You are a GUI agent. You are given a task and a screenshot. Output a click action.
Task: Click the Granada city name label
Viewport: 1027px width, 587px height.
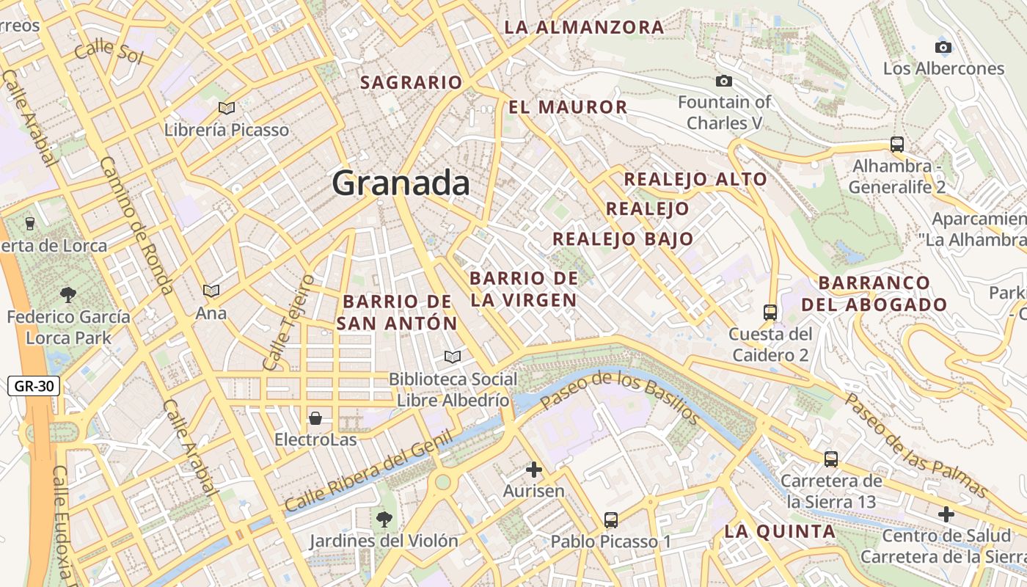coord(401,183)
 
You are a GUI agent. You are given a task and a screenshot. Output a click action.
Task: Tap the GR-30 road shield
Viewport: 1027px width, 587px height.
coord(34,386)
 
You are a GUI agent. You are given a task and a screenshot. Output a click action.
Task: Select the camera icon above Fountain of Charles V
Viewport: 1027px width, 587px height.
coord(724,81)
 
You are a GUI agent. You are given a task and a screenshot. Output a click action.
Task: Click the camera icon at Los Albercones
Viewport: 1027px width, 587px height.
coord(943,48)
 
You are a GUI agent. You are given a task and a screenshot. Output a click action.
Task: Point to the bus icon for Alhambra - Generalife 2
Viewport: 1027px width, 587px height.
coord(896,145)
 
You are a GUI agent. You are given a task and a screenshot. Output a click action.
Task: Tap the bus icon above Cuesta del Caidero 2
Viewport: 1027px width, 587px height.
coord(770,313)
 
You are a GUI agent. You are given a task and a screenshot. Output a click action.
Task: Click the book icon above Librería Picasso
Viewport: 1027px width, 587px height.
coord(227,109)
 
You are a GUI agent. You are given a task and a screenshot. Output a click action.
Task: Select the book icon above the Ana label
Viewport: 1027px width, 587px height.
coord(211,291)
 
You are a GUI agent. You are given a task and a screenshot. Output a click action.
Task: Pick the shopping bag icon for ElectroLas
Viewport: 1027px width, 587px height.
coord(315,418)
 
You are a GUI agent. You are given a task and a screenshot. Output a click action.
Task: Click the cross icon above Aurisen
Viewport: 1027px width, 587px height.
coord(534,470)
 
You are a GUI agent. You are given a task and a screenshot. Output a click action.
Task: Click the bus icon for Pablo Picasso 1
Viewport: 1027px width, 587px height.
coord(611,520)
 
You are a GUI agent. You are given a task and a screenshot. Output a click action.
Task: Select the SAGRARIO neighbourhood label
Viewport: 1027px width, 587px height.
coord(412,83)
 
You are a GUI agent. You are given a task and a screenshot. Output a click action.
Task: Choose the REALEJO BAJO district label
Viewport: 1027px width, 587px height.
coord(623,239)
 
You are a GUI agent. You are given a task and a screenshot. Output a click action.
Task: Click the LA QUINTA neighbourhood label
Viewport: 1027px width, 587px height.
coord(780,532)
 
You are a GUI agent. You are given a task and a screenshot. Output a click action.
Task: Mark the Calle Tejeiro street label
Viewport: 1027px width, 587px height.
coord(288,323)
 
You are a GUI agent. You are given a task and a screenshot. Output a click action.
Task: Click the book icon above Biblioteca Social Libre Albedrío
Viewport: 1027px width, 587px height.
coord(453,357)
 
